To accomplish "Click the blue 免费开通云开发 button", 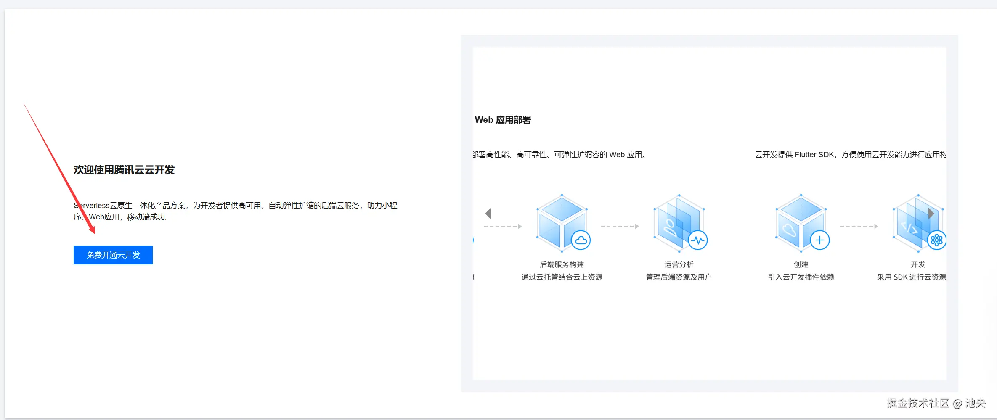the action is click(x=113, y=255).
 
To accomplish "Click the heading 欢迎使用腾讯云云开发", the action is click(x=124, y=170).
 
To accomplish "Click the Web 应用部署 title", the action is click(x=503, y=120).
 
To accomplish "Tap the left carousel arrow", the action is click(x=488, y=214).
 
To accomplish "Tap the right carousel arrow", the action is click(x=931, y=214).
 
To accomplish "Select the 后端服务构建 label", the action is click(x=562, y=264).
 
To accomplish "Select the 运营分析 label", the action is click(x=679, y=264).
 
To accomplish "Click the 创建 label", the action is click(x=801, y=264).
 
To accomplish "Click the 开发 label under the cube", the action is click(x=918, y=264).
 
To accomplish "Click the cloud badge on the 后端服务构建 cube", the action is click(x=581, y=240).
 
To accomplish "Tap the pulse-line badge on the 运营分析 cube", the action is click(x=698, y=240).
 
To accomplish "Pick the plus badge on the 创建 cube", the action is click(x=820, y=240).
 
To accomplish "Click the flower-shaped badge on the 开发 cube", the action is click(x=937, y=240).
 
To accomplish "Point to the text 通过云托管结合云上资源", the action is click(x=562, y=277).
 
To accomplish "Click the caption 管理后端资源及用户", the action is click(x=679, y=277).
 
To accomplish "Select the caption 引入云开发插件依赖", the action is click(x=801, y=277).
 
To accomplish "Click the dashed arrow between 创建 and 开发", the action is click(x=859, y=227).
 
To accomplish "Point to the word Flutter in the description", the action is click(x=806, y=155).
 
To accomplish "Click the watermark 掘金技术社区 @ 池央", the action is click(x=936, y=403).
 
